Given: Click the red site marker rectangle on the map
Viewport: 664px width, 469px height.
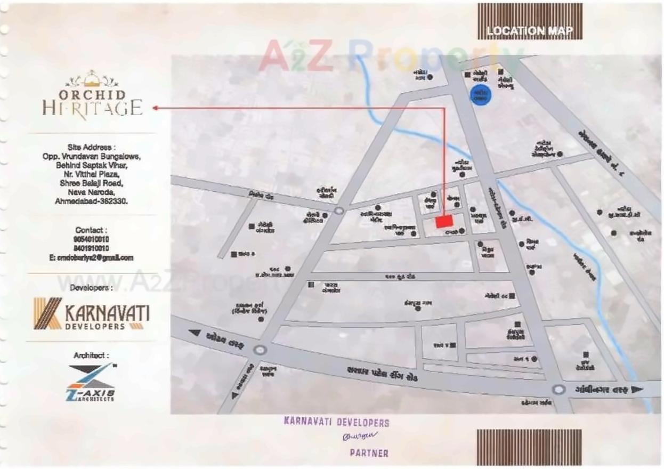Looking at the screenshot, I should coord(444,221).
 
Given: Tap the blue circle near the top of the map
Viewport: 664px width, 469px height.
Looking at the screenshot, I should coord(480,95).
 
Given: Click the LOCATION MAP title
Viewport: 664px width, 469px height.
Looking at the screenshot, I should coord(529,31).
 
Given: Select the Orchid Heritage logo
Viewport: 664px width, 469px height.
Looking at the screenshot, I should coord(92,95).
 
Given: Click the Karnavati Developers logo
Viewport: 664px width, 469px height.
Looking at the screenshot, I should coord(91,314).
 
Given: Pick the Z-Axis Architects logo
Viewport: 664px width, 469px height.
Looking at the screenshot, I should coord(92,382).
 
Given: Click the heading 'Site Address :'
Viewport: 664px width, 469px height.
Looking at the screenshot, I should coord(92,147).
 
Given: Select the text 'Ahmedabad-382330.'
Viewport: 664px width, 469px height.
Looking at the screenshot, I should coord(92,201).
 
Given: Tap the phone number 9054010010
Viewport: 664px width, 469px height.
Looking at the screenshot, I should coord(92,239).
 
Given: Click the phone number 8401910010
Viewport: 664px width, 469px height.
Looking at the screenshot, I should coord(92,248).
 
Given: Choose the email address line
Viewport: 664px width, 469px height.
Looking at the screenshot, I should coord(91,258).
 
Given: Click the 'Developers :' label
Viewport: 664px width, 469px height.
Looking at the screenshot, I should coord(91,288).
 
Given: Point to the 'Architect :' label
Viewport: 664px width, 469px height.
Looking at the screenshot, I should coord(91,355).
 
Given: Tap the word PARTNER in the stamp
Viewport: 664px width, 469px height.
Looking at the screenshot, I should coord(369,454).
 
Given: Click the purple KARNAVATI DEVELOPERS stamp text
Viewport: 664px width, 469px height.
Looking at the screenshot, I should coord(337,423).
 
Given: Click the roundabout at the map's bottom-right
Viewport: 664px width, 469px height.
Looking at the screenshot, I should coord(558,390).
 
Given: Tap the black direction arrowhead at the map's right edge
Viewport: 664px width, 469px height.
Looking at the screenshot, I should coord(636,390).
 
